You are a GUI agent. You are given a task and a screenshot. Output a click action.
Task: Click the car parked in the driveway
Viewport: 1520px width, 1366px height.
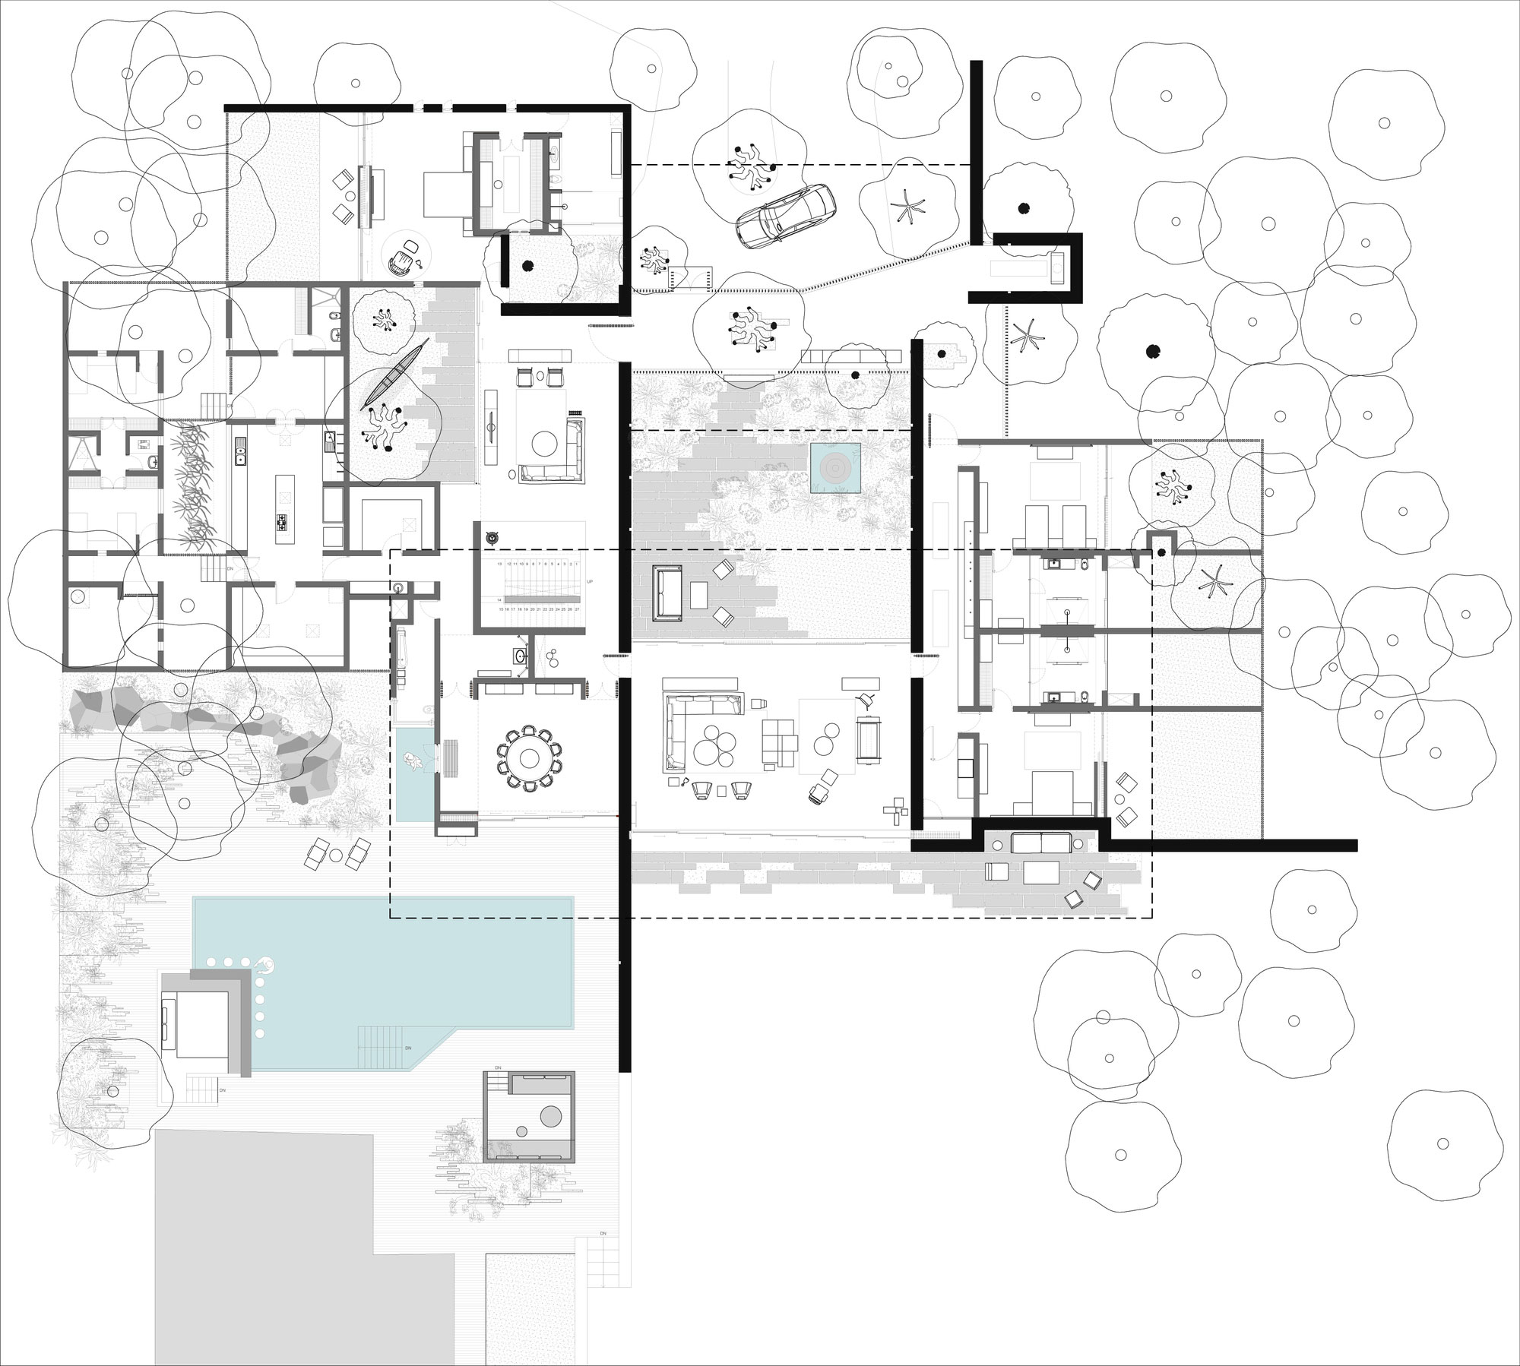pos(786,215)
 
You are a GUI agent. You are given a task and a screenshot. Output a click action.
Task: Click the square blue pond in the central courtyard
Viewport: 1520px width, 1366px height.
pos(835,468)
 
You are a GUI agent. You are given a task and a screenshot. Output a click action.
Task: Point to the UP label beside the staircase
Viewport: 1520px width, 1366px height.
pos(590,582)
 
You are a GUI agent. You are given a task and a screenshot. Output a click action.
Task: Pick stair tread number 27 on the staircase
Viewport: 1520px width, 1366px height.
pos(578,609)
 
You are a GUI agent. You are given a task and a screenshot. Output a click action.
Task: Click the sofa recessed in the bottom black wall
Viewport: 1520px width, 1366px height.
pos(1040,843)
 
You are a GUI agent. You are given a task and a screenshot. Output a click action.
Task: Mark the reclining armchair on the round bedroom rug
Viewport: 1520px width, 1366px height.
pos(398,262)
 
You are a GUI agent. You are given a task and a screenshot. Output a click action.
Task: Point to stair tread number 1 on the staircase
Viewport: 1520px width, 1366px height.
pos(577,564)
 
